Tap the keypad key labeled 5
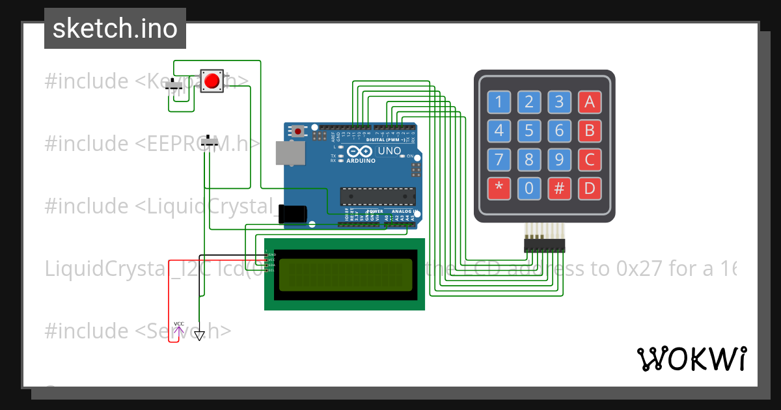point(529,130)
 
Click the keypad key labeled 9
point(559,159)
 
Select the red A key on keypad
point(590,102)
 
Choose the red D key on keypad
point(590,189)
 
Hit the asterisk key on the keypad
point(499,189)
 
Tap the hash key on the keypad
point(559,189)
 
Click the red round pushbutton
point(212,81)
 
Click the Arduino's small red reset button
point(298,131)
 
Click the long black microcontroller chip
point(378,196)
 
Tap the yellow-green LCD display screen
point(346,275)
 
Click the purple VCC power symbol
point(178,328)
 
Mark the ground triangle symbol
point(199,336)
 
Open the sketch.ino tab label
point(115,29)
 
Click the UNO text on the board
point(390,150)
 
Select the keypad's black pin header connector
point(545,245)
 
